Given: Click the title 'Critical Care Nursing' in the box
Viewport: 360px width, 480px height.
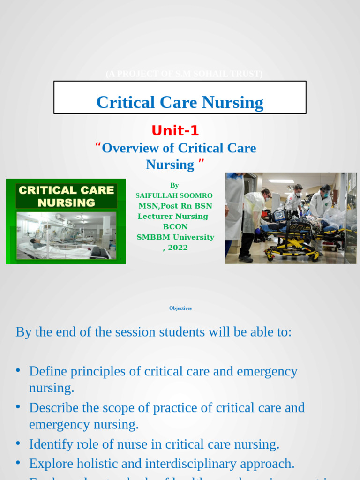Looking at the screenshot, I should tap(180, 102).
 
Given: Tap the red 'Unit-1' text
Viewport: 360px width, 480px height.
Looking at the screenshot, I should tap(175, 130).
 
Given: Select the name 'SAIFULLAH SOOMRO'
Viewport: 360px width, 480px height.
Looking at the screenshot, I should tap(174, 195).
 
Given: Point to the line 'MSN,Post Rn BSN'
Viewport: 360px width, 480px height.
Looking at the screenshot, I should tap(175, 206).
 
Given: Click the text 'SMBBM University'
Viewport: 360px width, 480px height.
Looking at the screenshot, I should tap(175, 237).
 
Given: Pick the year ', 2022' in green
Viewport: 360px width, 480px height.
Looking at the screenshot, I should tap(175, 247).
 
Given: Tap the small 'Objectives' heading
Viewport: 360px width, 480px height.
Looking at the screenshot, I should tap(180, 308).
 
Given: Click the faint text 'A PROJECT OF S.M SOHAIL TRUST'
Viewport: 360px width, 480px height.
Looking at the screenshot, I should tap(184, 74).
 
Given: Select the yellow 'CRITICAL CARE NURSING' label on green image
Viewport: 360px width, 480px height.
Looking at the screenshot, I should tap(66, 196).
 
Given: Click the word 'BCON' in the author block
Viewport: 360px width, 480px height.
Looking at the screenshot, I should tap(175, 227).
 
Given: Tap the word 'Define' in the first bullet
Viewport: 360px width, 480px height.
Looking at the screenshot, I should tap(48, 371).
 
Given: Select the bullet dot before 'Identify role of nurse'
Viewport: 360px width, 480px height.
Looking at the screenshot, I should tap(18, 443).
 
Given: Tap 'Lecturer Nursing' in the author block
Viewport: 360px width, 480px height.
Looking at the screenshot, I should tap(172, 216).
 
